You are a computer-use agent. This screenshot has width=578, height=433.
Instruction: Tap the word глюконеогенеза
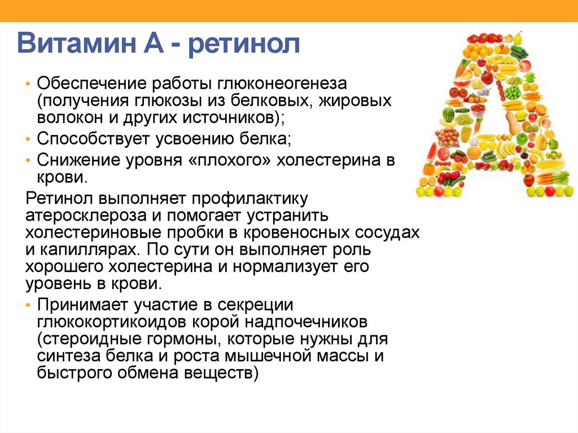point(282,84)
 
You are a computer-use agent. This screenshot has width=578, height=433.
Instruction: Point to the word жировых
point(354,100)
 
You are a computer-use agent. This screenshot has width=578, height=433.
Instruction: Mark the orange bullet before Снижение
point(28,161)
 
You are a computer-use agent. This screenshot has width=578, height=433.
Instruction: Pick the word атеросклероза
point(86,216)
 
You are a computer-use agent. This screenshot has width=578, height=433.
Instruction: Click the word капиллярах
point(87,250)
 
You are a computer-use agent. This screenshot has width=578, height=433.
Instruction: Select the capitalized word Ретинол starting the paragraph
point(59,198)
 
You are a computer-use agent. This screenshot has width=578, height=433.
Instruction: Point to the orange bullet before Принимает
point(28,305)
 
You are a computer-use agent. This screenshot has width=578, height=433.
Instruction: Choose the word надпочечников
point(306,322)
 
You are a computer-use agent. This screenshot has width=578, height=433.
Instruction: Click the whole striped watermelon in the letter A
point(449,115)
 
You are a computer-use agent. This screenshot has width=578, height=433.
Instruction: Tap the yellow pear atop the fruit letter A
point(518,38)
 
